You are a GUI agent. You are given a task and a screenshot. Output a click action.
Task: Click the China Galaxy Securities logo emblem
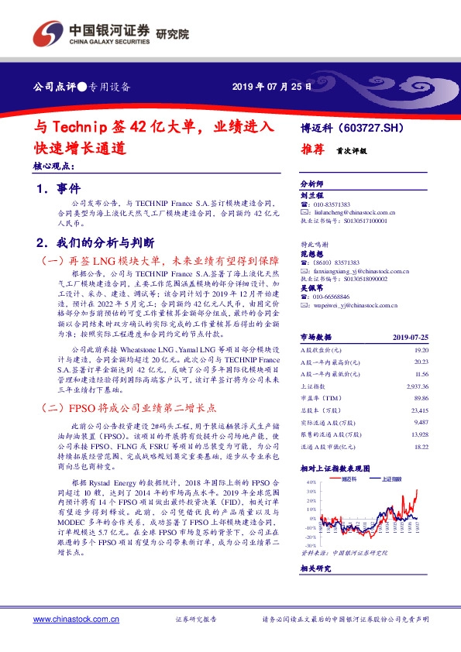[49, 33]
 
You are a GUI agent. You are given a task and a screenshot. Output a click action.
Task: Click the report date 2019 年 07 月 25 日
[272, 86]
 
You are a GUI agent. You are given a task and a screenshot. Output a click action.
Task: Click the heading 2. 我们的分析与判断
[101, 242]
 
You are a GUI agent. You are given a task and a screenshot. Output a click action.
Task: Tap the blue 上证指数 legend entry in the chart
[395, 479]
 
